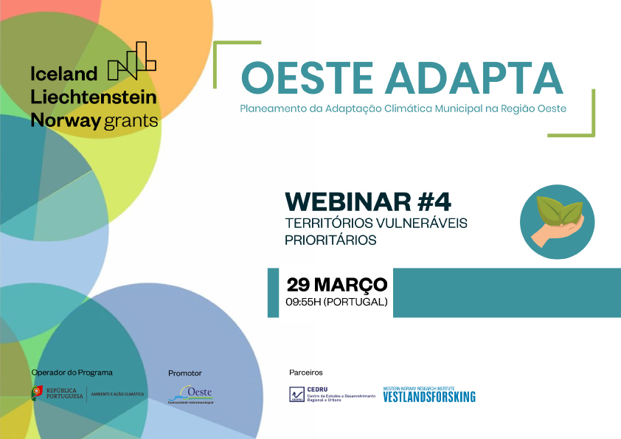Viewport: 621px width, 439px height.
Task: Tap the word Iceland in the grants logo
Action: click(63, 73)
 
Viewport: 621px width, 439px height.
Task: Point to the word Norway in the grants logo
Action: click(64, 120)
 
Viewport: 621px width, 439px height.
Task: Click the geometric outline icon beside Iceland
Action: click(132, 61)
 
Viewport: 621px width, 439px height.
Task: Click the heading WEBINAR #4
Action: click(367, 201)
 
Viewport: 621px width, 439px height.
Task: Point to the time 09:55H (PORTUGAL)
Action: click(336, 303)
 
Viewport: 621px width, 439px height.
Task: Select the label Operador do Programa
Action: click(72, 373)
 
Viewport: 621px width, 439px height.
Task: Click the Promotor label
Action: click(184, 373)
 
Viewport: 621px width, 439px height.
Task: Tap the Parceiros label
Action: click(305, 373)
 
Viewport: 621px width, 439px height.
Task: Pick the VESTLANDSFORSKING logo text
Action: click(429, 397)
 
